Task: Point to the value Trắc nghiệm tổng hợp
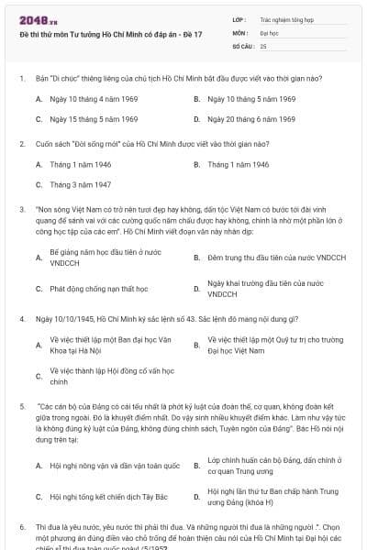click(287, 18)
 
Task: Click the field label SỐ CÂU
click(243, 45)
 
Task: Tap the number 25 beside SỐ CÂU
click(263, 45)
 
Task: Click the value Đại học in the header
click(270, 32)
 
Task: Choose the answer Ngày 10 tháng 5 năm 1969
click(251, 99)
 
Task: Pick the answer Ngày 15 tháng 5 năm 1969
click(93, 119)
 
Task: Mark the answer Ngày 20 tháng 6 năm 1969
click(251, 119)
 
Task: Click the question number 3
click(22, 209)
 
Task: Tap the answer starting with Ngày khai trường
click(265, 289)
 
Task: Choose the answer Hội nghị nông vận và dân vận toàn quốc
click(115, 466)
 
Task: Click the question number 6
click(22, 528)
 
